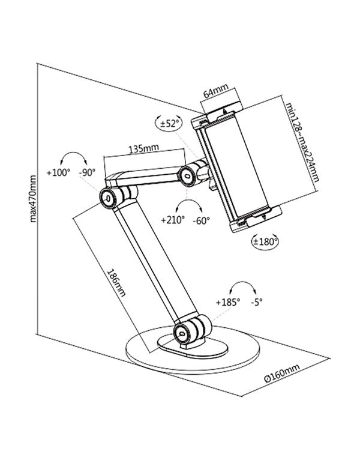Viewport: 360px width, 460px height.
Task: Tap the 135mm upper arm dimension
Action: click(x=142, y=147)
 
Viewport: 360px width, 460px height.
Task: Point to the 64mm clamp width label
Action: click(x=215, y=93)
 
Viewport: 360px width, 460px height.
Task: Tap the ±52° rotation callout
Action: click(x=168, y=123)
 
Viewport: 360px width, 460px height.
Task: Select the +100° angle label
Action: click(x=59, y=172)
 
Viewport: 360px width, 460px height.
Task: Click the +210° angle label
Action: click(x=173, y=220)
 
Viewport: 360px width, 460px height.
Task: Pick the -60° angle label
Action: click(x=202, y=220)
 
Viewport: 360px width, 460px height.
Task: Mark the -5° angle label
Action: click(x=257, y=302)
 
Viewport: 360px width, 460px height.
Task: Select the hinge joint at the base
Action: click(x=182, y=331)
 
